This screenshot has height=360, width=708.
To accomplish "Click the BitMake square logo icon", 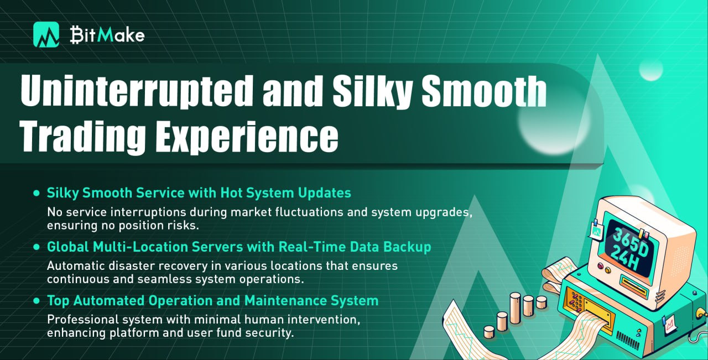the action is (x=46, y=35).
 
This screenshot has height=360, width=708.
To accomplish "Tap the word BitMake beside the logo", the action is (x=107, y=34).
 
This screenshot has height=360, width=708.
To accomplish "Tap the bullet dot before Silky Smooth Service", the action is (x=37, y=193).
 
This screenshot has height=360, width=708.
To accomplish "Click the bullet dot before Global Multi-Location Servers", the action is (x=37, y=247).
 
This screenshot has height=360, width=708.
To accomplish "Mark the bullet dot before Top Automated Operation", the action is (x=37, y=301).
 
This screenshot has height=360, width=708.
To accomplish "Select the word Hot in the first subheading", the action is (x=231, y=193).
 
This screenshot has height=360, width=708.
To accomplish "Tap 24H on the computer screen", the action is (x=626, y=259).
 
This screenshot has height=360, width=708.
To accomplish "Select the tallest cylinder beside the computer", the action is (x=515, y=308).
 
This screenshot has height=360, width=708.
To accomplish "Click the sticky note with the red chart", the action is (x=669, y=324).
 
